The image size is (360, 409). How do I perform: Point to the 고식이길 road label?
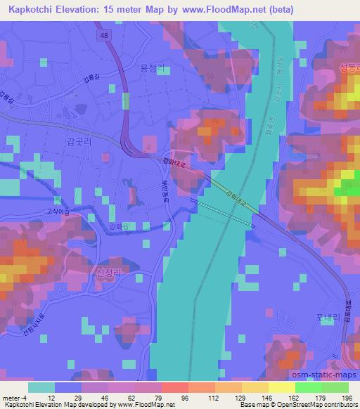[57, 210]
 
